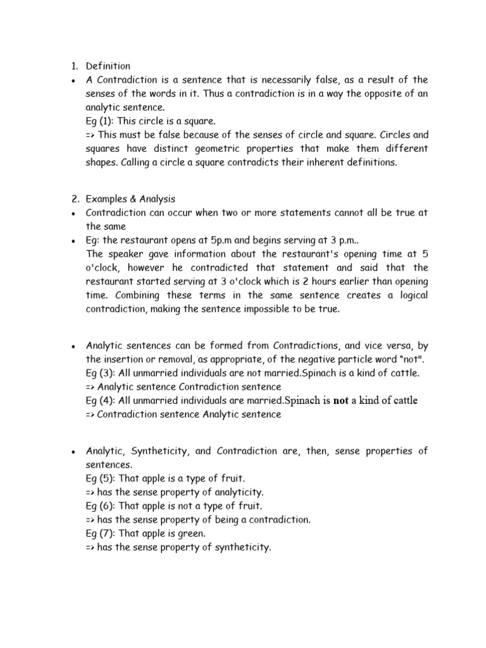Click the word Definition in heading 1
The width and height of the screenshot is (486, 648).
tap(108, 66)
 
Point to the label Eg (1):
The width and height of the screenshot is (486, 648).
tap(101, 121)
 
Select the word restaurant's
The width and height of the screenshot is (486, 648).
tap(298, 254)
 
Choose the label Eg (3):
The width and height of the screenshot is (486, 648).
tap(101, 373)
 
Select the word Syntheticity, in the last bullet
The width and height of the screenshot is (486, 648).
tap(171, 451)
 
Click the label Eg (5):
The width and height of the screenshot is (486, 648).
tap(101, 478)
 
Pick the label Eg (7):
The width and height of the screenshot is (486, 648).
tap(101, 533)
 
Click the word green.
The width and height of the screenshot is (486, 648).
tap(191, 533)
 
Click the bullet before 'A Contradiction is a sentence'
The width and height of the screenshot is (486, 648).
tap(74, 80)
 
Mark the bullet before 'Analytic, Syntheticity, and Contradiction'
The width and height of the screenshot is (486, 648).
tap(74, 452)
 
